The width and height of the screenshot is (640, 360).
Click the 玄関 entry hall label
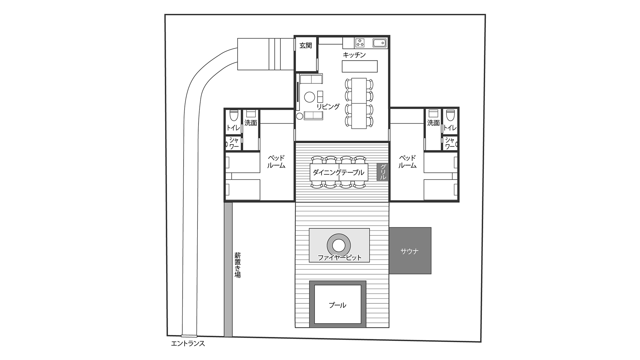306,46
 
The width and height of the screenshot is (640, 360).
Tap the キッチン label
354,55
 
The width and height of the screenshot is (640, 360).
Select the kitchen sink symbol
380,43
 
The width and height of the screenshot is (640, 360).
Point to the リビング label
328,107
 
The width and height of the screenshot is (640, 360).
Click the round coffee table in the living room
310,97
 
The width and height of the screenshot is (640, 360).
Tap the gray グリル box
383,172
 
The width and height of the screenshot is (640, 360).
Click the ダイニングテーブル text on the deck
338,172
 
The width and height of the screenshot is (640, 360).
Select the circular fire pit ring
339,246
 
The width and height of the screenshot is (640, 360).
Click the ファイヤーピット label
339,257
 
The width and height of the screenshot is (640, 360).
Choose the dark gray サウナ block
410,251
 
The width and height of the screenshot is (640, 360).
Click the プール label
338,305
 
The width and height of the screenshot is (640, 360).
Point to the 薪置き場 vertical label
237,265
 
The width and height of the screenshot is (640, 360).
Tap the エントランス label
188,344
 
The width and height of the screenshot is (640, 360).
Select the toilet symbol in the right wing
450,115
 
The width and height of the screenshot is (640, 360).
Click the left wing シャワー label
234,143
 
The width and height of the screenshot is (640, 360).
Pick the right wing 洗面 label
433,123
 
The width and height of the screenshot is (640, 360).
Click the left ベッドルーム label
276,162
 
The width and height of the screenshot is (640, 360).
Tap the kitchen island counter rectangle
360,67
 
